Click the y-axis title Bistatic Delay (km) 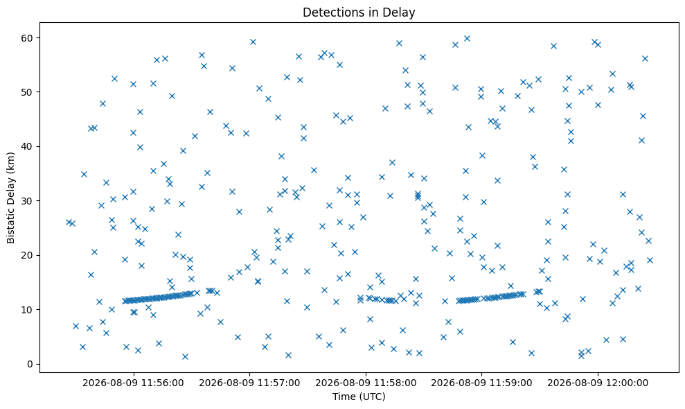tap(10, 198)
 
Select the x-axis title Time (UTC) tap(359, 397)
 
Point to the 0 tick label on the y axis tap(30, 364)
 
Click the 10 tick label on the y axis tap(28, 310)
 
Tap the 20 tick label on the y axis tap(28, 255)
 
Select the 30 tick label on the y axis tap(28, 201)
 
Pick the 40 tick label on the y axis tap(28, 146)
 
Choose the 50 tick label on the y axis tap(28, 92)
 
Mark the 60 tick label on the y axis tap(28, 37)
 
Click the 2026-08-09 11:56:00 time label tap(133, 383)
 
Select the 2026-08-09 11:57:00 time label tap(249, 383)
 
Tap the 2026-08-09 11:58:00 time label tap(366, 383)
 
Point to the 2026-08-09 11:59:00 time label tap(481, 383)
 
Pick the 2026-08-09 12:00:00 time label tap(598, 383)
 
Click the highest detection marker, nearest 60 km tap(467, 39)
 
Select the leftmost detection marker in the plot tap(69, 223)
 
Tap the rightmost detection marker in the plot tap(650, 260)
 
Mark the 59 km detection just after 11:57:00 tap(253, 42)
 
